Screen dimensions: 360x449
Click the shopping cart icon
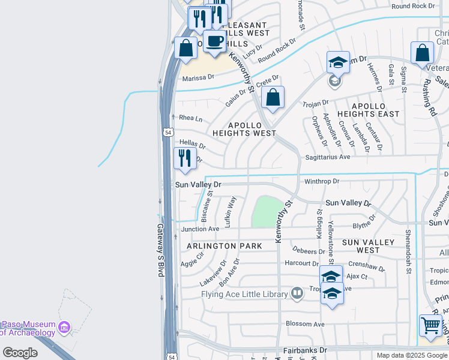[430, 325]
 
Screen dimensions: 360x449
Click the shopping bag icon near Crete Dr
[273, 97]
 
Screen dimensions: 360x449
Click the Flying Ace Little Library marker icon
[297, 293]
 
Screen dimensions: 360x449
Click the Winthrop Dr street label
[322, 181]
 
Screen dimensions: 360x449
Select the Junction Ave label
[200, 229]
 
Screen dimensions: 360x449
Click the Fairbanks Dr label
[306, 349]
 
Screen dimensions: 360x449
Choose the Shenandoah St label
[408, 251]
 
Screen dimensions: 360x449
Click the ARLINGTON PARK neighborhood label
[224, 246]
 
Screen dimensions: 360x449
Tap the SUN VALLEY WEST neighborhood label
[369, 246]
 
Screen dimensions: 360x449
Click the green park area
[267, 211]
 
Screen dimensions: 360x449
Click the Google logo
[20, 353]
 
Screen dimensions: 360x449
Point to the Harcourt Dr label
[302, 263]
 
